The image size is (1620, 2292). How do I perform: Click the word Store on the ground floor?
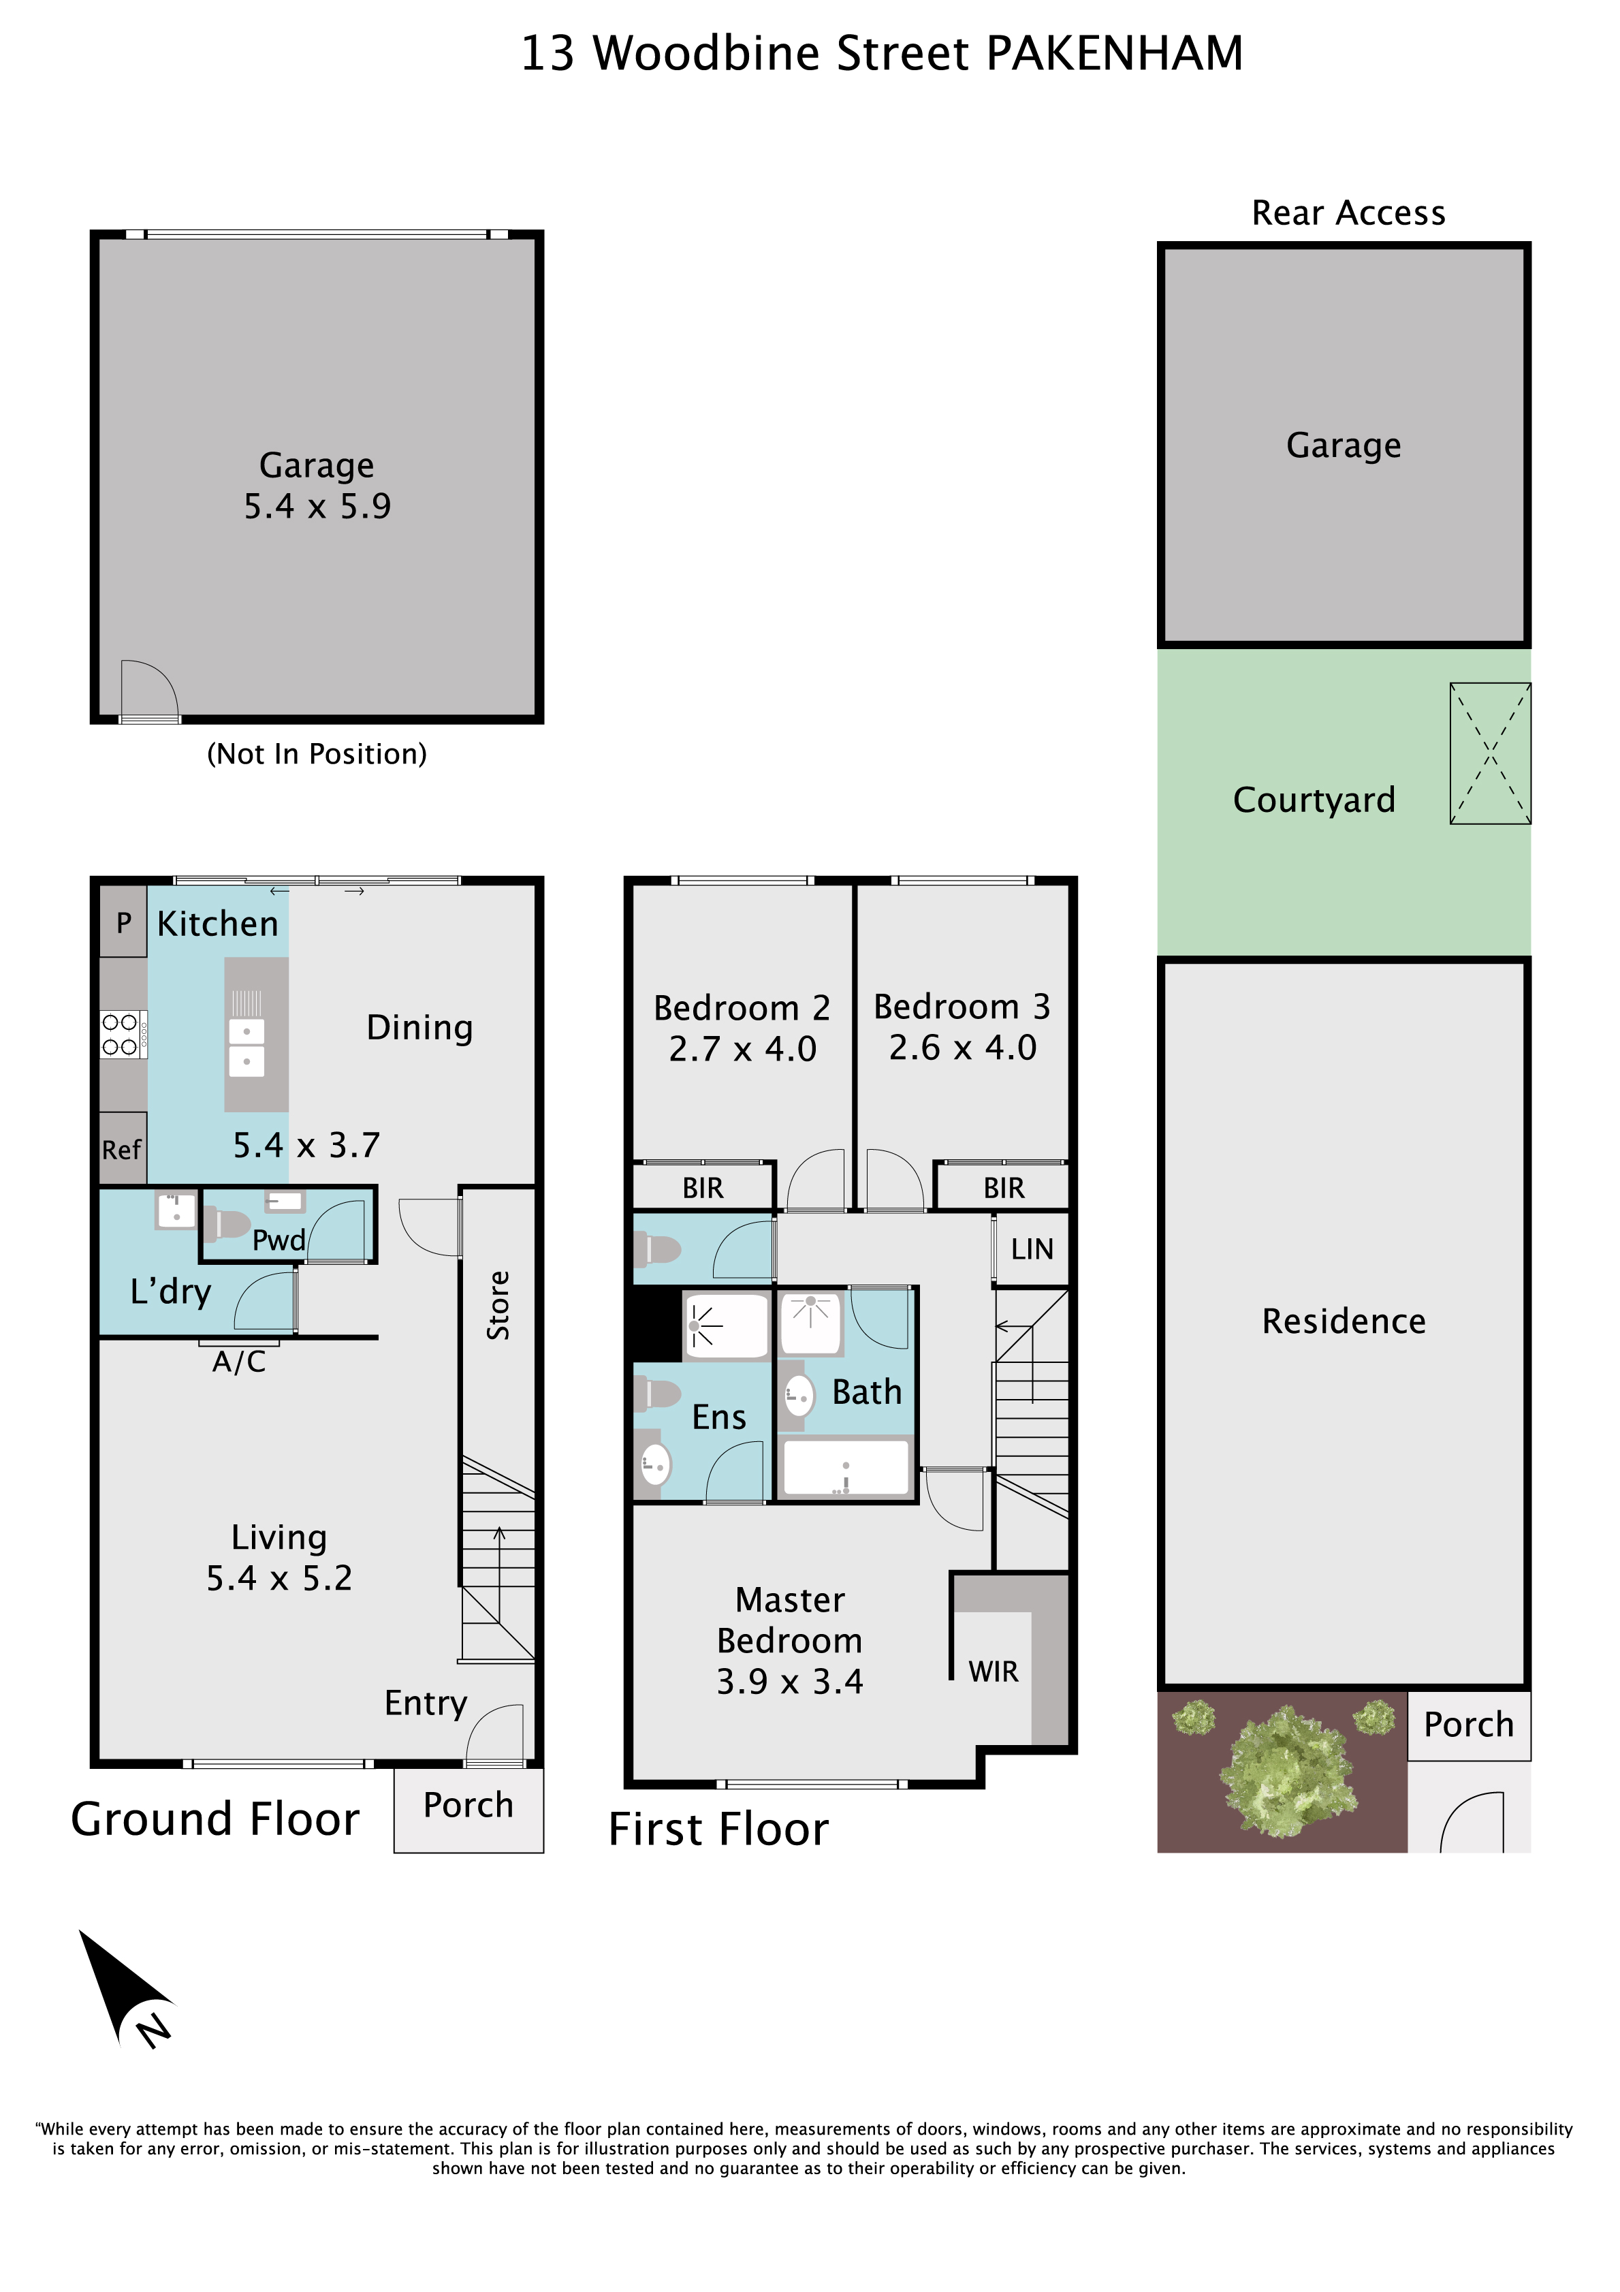[498, 1305]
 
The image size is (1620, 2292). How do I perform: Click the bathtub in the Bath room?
[846, 1467]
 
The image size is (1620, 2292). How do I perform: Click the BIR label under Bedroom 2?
[703, 1188]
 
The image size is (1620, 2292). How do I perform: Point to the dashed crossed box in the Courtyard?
[1490, 754]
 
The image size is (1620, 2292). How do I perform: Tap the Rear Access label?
[1348, 213]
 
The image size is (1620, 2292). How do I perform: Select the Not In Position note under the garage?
[317, 754]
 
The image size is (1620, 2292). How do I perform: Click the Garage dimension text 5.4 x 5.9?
[317, 506]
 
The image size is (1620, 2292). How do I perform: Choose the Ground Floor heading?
[215, 1819]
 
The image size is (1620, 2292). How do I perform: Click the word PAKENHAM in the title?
[1115, 54]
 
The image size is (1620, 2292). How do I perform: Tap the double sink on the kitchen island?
[247, 1046]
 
